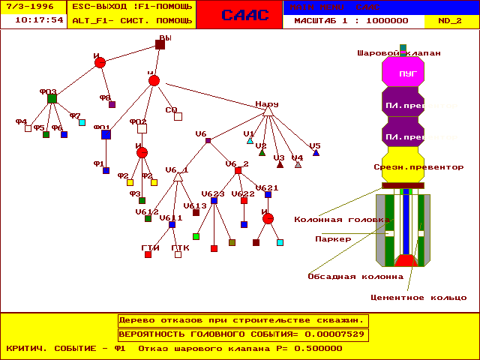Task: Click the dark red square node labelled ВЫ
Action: tap(160, 44)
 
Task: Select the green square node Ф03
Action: tap(52, 98)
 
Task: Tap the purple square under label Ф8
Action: tap(112, 104)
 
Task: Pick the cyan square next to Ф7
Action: tap(82, 122)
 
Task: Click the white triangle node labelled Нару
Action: tap(268, 111)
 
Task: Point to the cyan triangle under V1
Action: tap(250, 140)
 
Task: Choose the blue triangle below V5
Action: tap(316, 152)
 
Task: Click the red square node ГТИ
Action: tap(148, 254)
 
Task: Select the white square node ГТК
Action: tap(178, 254)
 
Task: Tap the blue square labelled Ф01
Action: tap(106, 134)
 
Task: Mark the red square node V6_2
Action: tap(238, 170)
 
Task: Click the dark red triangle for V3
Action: tap(280, 164)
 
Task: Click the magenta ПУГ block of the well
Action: tap(403, 73)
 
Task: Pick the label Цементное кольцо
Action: tap(428, 298)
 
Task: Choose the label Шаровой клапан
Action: tap(398, 53)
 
